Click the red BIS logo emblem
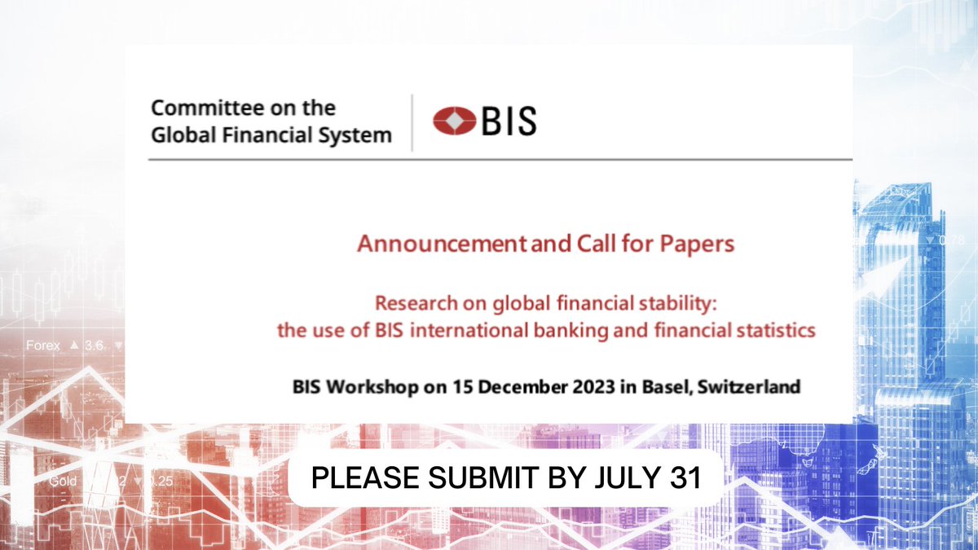pos(455,121)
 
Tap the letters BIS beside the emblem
pos(508,121)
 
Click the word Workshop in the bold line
pos(366,387)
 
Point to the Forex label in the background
pos(42,345)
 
